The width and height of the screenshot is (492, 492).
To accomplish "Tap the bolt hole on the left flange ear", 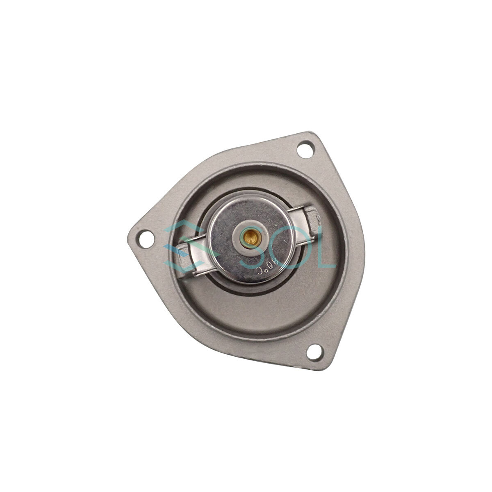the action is click(146, 239).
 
